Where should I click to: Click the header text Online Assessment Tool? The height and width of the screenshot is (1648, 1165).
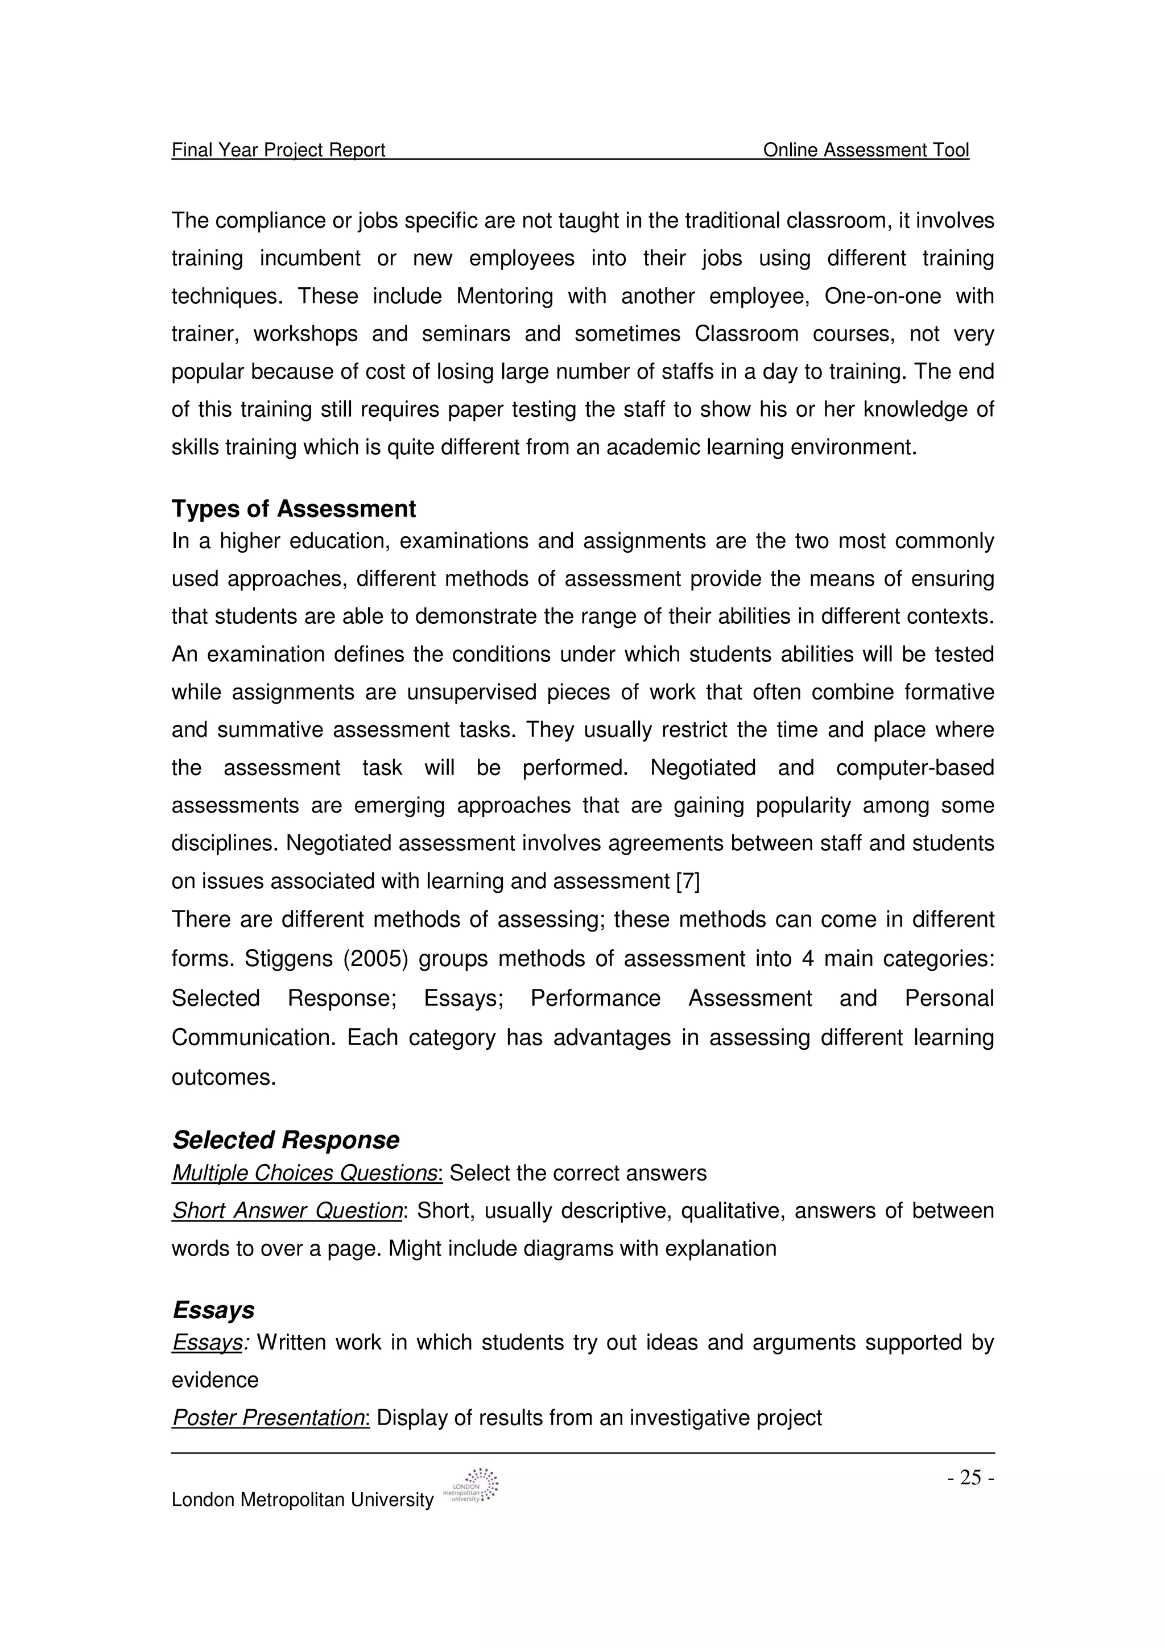[x=865, y=150]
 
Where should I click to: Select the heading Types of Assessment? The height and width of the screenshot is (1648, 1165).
[x=293, y=509]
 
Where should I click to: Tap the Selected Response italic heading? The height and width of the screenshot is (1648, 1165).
[x=286, y=1140]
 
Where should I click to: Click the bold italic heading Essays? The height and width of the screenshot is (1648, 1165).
[x=213, y=1310]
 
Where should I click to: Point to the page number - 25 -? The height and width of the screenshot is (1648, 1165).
[x=970, y=1477]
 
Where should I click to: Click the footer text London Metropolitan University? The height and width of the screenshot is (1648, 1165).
[x=302, y=1500]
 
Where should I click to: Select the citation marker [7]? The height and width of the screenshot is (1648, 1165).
[x=688, y=881]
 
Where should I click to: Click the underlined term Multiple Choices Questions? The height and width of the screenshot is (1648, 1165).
[x=305, y=1173]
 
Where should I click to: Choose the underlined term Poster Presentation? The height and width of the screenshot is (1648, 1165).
[x=269, y=1418]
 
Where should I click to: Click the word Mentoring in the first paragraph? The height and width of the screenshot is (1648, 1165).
[x=504, y=296]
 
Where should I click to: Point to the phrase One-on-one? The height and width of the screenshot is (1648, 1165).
[x=882, y=296]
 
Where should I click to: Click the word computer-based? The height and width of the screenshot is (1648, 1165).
[x=915, y=768]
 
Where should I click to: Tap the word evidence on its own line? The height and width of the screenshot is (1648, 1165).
[x=214, y=1380]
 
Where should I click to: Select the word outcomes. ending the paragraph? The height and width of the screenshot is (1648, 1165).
[x=223, y=1078]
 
